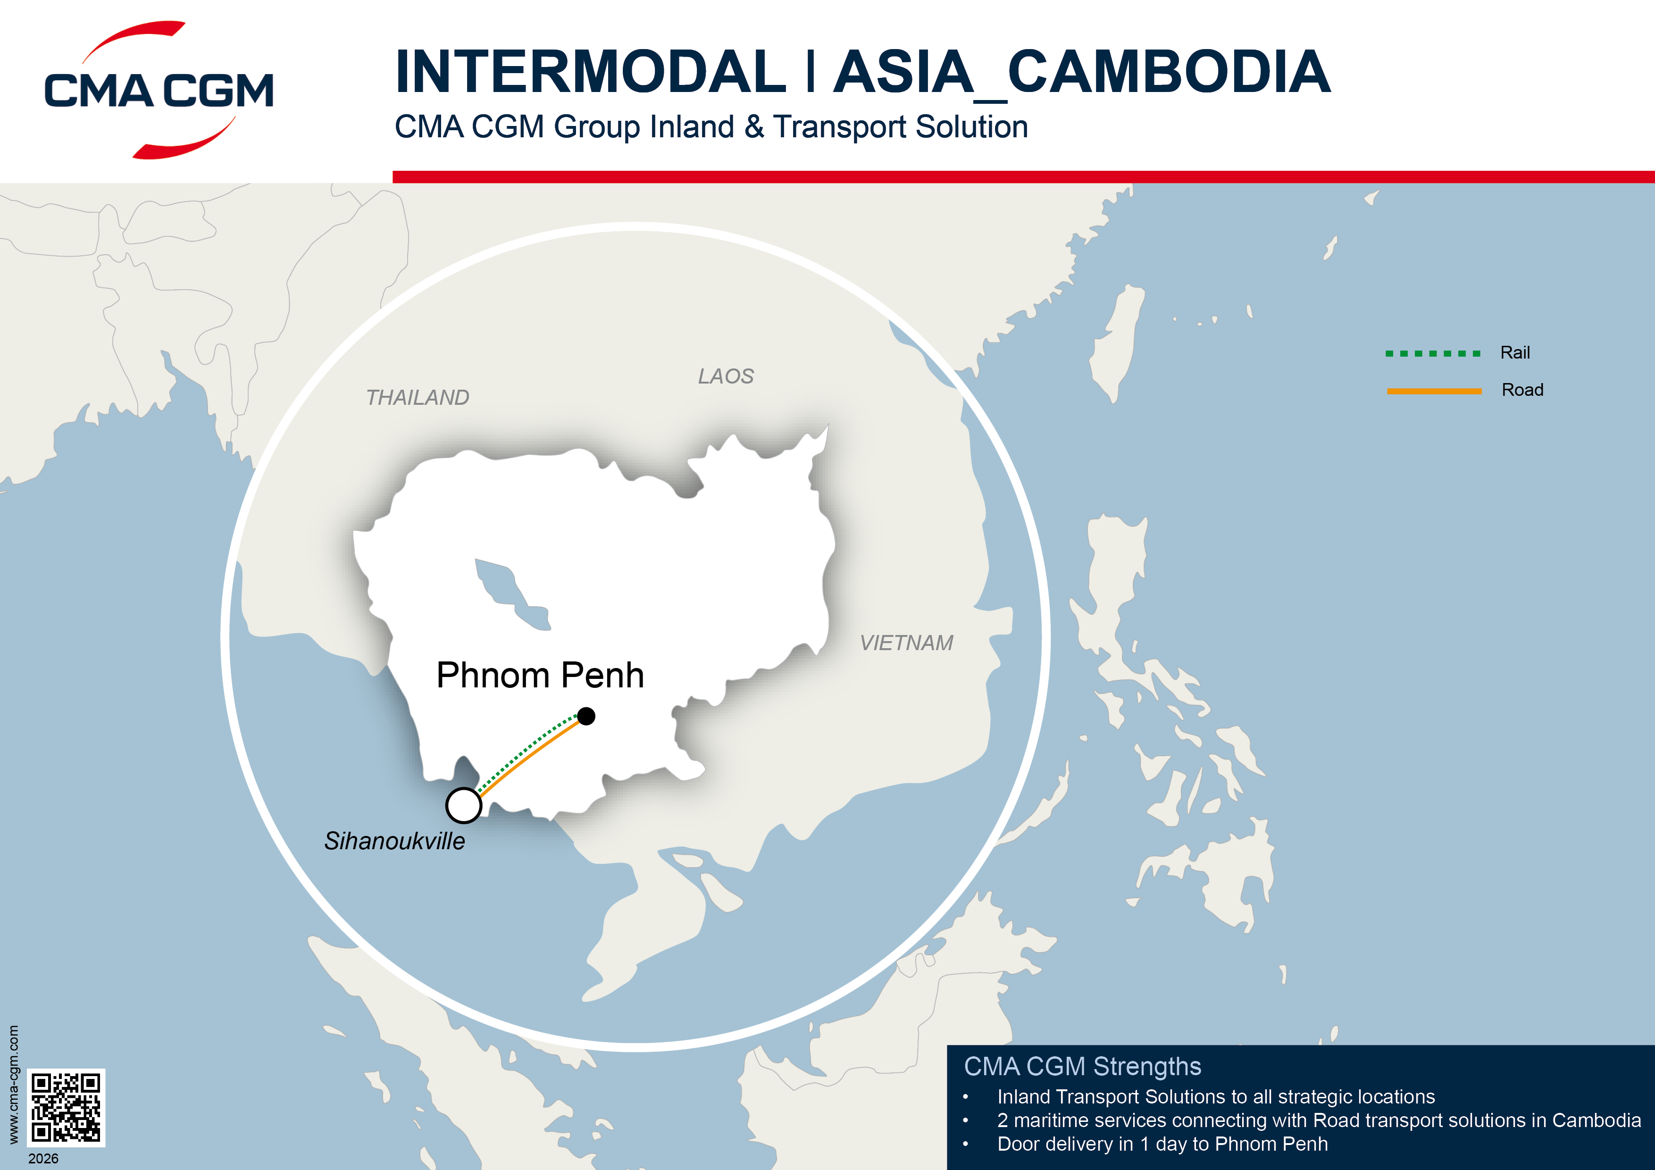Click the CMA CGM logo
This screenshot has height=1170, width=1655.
[159, 90]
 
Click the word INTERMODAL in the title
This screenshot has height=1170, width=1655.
[590, 72]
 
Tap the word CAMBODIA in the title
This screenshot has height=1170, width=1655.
[1168, 72]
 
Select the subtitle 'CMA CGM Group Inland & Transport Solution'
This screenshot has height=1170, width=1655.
[710, 127]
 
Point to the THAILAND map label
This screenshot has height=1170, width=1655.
[418, 397]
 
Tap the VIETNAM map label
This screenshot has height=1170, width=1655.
[906, 642]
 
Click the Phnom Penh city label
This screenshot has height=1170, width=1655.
[540, 676]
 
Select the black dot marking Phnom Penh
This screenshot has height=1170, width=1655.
[587, 716]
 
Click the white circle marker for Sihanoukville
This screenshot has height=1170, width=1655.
[463, 805]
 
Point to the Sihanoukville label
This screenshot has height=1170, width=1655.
[394, 841]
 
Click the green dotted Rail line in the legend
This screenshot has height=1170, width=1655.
[1432, 353]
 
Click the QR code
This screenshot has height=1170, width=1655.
[67, 1107]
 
